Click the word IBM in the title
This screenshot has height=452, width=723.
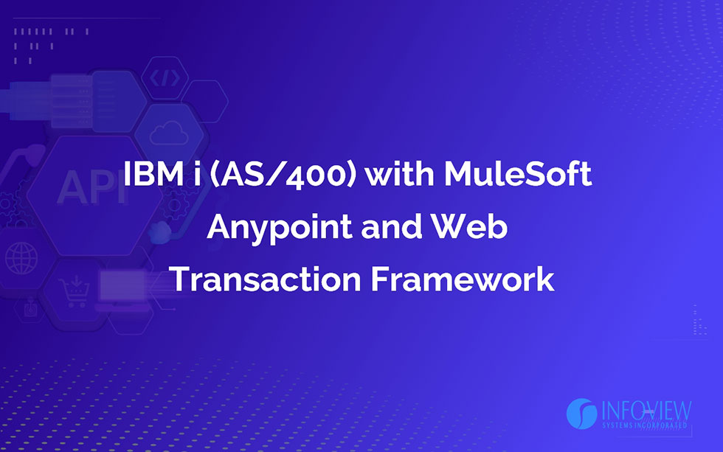click(x=153, y=174)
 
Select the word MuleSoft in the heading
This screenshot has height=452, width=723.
click(x=518, y=173)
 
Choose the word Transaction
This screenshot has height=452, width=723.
click(x=265, y=279)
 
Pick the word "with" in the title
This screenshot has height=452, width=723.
click(x=399, y=173)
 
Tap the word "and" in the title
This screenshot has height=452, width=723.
click(x=392, y=226)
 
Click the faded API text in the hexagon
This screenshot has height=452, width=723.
click(x=92, y=187)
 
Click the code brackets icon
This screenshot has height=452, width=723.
click(x=165, y=78)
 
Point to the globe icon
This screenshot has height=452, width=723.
click(x=21, y=259)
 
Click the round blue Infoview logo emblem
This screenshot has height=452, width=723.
click(x=582, y=414)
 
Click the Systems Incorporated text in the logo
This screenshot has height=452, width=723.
click(x=645, y=425)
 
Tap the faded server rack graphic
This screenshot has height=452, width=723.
click(x=72, y=101)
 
